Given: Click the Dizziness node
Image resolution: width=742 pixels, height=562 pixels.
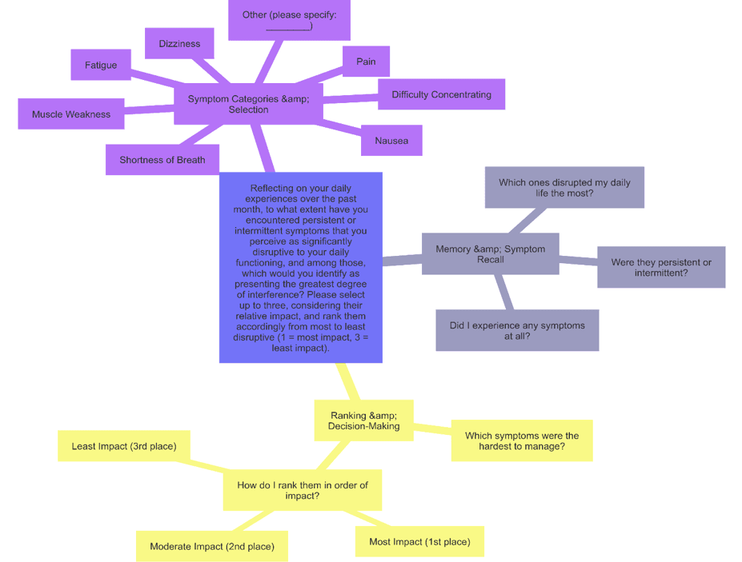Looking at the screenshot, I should [179, 44].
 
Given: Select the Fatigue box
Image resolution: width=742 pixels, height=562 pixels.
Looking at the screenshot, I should [101, 66].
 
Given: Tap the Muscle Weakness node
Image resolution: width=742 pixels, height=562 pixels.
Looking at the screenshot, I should [71, 114].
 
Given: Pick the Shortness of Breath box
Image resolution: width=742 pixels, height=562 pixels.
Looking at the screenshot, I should [162, 160].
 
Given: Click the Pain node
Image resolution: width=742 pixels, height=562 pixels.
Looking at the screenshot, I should [366, 62].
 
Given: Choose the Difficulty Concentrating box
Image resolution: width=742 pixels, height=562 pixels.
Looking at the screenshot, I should [441, 94].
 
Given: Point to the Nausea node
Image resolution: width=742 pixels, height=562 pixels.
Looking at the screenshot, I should [391, 141].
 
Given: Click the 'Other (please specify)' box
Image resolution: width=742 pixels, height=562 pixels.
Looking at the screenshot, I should [289, 20].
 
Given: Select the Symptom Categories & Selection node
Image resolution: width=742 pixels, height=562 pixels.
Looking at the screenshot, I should [248, 105].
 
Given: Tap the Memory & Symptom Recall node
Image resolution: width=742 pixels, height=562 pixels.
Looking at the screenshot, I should [490, 254].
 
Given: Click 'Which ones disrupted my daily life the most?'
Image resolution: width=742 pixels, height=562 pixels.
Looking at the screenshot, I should [564, 188].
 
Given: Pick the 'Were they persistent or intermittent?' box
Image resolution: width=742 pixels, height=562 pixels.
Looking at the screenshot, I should [660, 268].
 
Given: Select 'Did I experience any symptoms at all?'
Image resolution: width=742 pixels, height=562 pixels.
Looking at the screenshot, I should [517, 331].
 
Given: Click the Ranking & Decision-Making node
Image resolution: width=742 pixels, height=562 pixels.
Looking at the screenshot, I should [363, 421].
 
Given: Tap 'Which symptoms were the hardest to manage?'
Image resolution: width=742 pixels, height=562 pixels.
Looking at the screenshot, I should [522, 441].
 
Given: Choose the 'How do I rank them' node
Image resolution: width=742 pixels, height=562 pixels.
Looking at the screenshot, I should [303, 490].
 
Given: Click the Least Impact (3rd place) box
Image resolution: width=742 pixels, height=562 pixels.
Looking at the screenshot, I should [124, 446].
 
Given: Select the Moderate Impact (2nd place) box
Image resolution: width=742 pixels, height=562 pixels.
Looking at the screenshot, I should [212, 547].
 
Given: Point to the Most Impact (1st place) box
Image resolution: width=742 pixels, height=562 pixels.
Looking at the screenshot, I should [419, 542].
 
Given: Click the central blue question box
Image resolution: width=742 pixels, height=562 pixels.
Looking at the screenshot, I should [300, 268].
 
